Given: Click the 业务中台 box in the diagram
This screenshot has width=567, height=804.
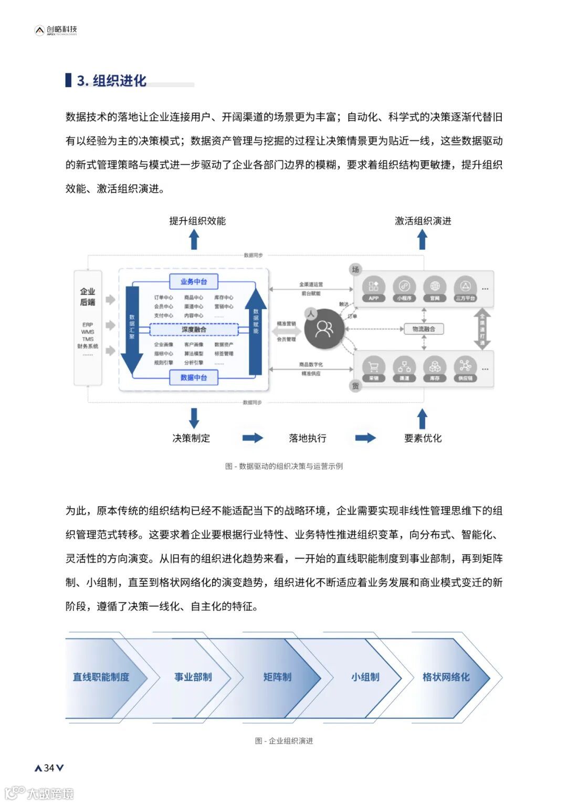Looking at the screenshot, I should (x=194, y=282).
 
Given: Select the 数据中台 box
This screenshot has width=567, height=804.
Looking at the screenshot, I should (x=194, y=377).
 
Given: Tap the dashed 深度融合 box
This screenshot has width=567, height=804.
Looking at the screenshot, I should (x=194, y=330).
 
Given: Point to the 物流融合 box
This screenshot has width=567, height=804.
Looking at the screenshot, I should (x=424, y=329).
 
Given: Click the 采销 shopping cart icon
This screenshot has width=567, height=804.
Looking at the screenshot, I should (x=373, y=367).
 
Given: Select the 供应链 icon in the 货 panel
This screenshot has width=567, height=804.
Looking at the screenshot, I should (x=465, y=367).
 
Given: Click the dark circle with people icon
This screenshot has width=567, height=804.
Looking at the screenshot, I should (x=324, y=329).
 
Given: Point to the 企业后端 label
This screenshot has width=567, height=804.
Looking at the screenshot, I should (x=88, y=297).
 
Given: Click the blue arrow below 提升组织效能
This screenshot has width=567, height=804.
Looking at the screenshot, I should (x=194, y=240).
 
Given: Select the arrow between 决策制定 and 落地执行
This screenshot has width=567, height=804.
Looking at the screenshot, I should (x=252, y=438).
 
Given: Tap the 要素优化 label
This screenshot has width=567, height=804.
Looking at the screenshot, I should (x=423, y=438).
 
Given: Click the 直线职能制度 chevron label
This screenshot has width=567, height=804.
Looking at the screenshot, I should (x=101, y=677).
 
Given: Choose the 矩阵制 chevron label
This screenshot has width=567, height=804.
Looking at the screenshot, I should (x=277, y=677).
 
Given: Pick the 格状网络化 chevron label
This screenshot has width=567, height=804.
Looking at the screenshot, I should (x=446, y=677).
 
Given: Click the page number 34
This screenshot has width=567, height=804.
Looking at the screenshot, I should (x=49, y=768).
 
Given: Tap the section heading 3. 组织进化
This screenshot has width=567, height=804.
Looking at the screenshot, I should (x=111, y=81).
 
